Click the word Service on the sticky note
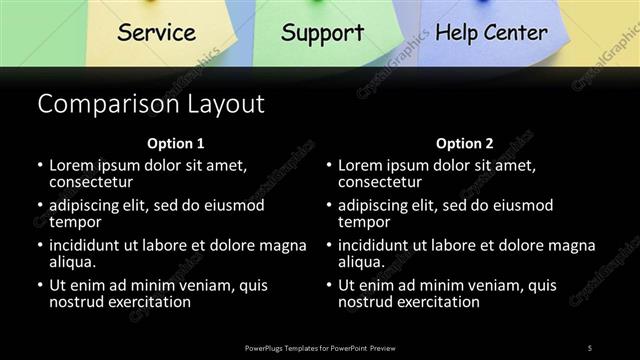pos(156,32)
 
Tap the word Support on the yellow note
pos(322,32)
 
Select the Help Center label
pos(491,32)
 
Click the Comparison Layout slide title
pos(150,104)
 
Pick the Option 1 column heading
pos(175,143)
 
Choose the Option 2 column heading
pos(464,143)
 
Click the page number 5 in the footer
pos(590,347)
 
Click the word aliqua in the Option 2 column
pos(360,262)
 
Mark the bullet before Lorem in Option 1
pos(40,165)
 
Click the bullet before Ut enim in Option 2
pos(329,286)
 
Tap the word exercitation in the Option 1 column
pos(144,302)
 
